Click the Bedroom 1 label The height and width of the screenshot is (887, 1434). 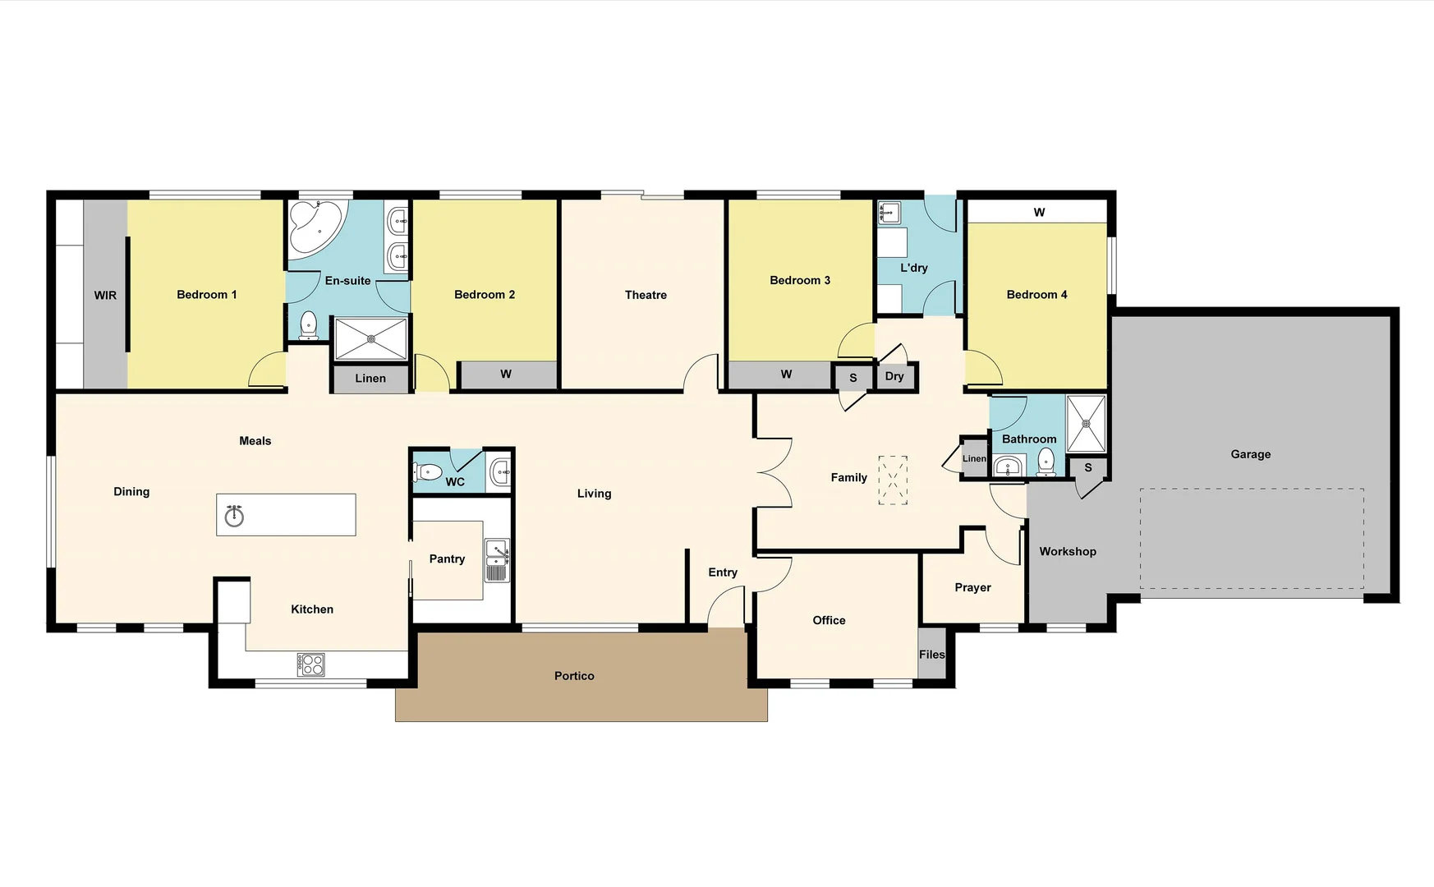click(206, 295)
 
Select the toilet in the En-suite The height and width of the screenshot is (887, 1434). click(309, 325)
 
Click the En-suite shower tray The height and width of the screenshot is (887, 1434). click(371, 338)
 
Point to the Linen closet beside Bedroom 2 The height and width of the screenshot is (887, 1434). click(370, 379)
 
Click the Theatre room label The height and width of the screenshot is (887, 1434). click(646, 295)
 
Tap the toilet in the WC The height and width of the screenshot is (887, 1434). click(428, 472)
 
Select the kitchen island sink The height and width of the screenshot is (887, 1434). click(235, 516)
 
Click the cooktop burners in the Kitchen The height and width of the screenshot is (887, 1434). click(311, 664)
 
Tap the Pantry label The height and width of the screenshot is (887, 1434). click(447, 559)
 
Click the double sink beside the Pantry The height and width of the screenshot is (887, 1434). click(497, 560)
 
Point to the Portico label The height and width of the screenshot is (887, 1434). click(574, 676)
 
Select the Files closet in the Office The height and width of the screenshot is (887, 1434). click(932, 655)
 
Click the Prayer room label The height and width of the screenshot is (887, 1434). click(972, 587)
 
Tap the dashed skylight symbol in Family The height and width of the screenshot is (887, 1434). click(893, 480)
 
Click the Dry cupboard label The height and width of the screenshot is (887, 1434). click(894, 376)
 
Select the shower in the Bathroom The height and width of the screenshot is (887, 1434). click(1086, 424)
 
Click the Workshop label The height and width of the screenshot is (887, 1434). click(1068, 552)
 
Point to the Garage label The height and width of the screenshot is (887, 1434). click(1250, 454)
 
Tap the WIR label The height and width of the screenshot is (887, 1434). click(105, 296)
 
